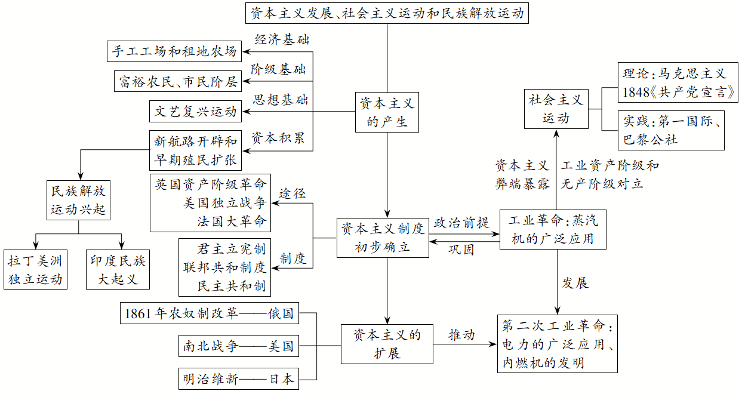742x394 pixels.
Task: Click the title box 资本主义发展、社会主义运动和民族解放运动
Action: [x=387, y=13]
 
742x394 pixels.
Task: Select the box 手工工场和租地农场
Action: [x=174, y=51]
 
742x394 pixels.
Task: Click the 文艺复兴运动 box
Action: [x=196, y=111]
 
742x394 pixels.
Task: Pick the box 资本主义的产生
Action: [x=387, y=112]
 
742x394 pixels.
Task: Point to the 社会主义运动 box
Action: [x=556, y=109]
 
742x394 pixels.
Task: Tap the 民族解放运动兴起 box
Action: [x=79, y=200]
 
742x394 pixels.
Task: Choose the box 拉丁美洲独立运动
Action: [x=35, y=270]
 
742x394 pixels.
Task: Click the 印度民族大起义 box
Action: [x=118, y=270]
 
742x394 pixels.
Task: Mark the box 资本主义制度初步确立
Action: [x=383, y=237]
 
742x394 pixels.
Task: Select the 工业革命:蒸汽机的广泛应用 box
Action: [x=553, y=230]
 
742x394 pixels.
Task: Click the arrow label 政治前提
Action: [x=461, y=223]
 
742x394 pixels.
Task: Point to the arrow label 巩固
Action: [x=461, y=250]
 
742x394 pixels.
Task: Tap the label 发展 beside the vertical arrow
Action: [x=575, y=283]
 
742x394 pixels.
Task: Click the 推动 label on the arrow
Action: [x=461, y=334]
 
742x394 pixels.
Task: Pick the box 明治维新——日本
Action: [x=239, y=378]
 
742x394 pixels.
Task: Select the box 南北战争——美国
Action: [x=239, y=346]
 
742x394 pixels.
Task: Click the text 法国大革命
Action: [x=232, y=221]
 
